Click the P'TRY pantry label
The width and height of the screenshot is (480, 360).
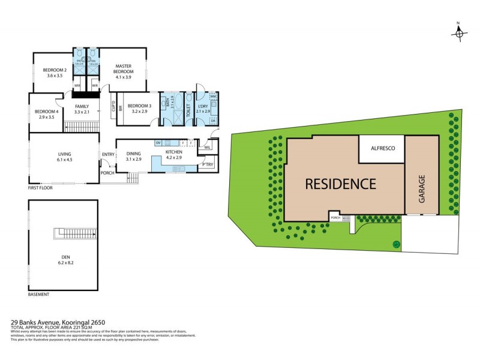pos(208,164)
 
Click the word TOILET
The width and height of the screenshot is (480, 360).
pos(188,109)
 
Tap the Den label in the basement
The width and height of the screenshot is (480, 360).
pos(62,260)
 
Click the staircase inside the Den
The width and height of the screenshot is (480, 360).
pos(75,233)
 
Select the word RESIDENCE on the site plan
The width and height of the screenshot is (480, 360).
pos(340,184)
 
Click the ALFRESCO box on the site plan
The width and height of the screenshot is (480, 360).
pos(381,148)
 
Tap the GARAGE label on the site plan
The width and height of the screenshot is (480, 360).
pos(422,188)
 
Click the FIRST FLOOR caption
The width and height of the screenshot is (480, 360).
pos(41,188)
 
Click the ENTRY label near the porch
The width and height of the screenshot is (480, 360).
pos(108,154)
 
